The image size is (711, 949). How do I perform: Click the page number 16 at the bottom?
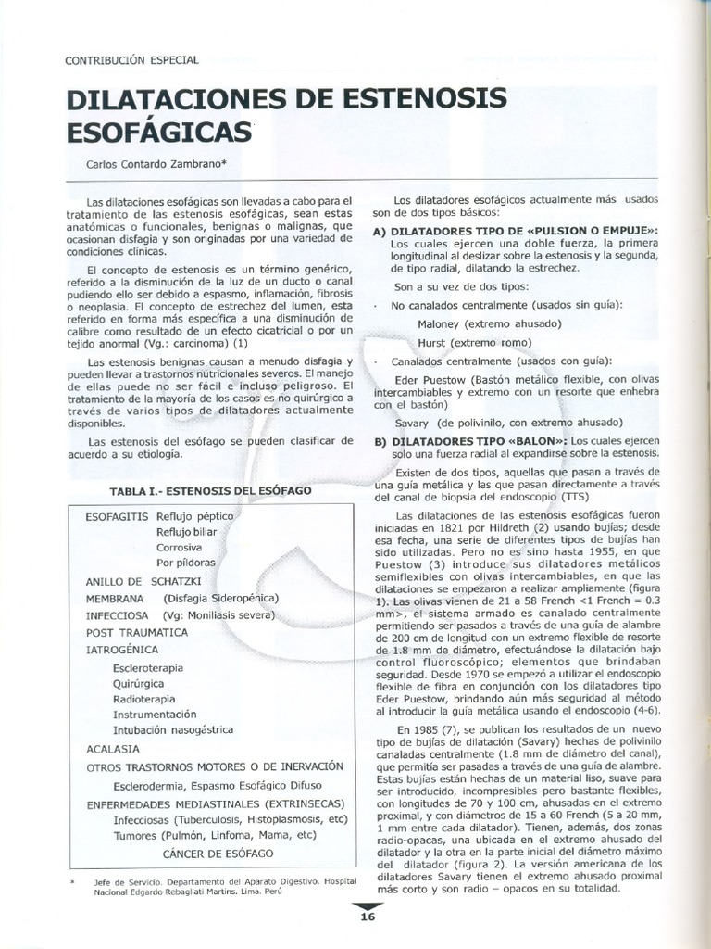[368, 917]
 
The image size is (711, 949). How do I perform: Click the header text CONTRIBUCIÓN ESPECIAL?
[132, 60]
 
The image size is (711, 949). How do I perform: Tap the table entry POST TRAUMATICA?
[136, 632]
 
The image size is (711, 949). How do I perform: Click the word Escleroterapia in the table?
[147, 667]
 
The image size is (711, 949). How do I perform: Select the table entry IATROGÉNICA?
[122, 649]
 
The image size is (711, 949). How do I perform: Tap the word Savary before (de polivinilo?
[413, 422]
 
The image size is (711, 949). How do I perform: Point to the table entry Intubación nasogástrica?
[173, 730]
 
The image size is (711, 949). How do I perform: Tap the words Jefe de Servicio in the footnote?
[130, 882]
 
